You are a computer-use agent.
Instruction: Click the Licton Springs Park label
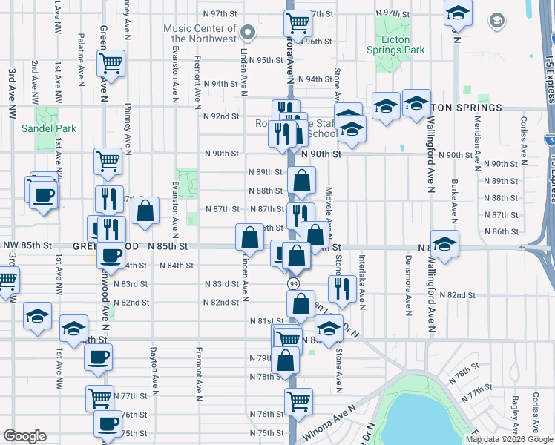click(395, 44)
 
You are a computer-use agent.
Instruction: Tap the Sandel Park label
click(50, 128)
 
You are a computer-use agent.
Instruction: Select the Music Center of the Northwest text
click(200, 33)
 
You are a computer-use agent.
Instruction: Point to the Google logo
click(24, 436)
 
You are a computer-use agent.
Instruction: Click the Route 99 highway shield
click(293, 284)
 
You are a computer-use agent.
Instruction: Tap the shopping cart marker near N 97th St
click(297, 22)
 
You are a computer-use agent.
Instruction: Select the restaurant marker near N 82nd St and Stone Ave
click(341, 288)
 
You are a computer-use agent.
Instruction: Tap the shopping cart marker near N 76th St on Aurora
click(298, 400)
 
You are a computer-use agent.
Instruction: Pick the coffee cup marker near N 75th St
click(108, 424)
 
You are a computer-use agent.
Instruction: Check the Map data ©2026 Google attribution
click(502, 439)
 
